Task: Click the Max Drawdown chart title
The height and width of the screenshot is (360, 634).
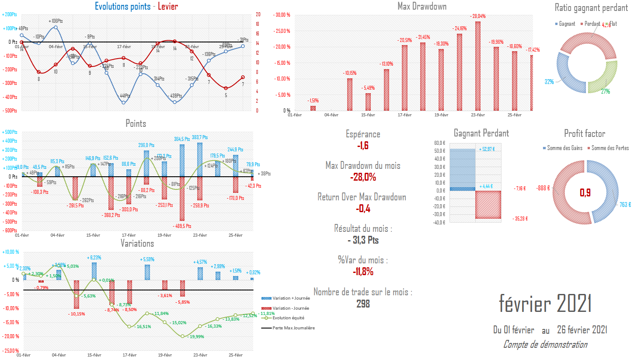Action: (x=422, y=6)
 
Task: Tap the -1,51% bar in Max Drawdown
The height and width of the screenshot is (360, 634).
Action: (x=313, y=108)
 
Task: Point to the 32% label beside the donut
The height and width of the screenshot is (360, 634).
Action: (x=549, y=81)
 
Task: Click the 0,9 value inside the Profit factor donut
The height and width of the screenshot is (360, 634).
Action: (x=585, y=192)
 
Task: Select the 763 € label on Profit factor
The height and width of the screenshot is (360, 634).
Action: (x=625, y=204)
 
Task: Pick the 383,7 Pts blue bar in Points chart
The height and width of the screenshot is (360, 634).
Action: (x=199, y=159)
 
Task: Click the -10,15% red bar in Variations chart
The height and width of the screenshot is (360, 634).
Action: (x=76, y=294)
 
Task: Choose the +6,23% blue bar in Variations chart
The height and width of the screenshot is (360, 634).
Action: (x=94, y=271)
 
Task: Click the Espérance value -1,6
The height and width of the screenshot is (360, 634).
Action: (x=362, y=146)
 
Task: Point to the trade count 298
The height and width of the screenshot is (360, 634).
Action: (x=362, y=303)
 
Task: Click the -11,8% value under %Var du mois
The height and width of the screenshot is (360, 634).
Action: (x=362, y=272)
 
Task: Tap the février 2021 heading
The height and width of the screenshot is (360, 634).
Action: (x=545, y=303)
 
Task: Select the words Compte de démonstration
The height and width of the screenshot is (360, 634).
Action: (x=545, y=345)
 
